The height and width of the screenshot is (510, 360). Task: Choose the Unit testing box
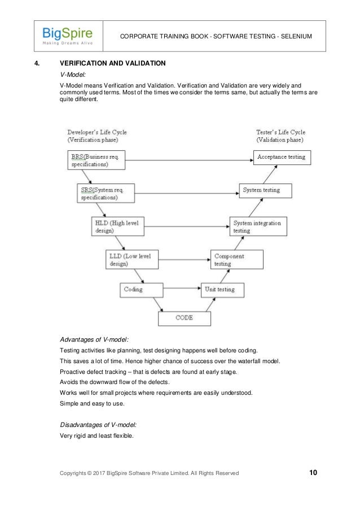coord(222,290)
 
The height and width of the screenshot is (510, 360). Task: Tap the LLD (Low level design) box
coord(127,260)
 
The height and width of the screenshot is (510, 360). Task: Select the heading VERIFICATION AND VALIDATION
coord(112,63)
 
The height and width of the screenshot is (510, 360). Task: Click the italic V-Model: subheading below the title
coord(72,73)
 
